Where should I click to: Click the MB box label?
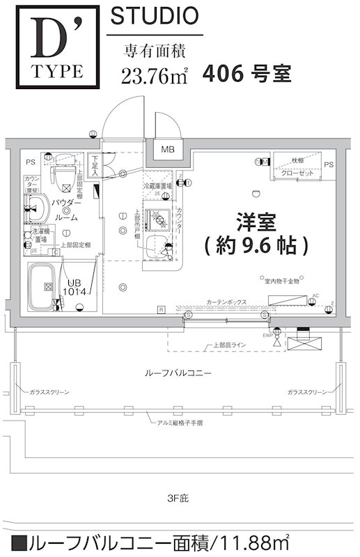pos(168,150)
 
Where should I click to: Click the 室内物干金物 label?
pos(281,281)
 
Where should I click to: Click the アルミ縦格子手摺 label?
pos(178,422)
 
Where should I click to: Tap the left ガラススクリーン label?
pos(49,393)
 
